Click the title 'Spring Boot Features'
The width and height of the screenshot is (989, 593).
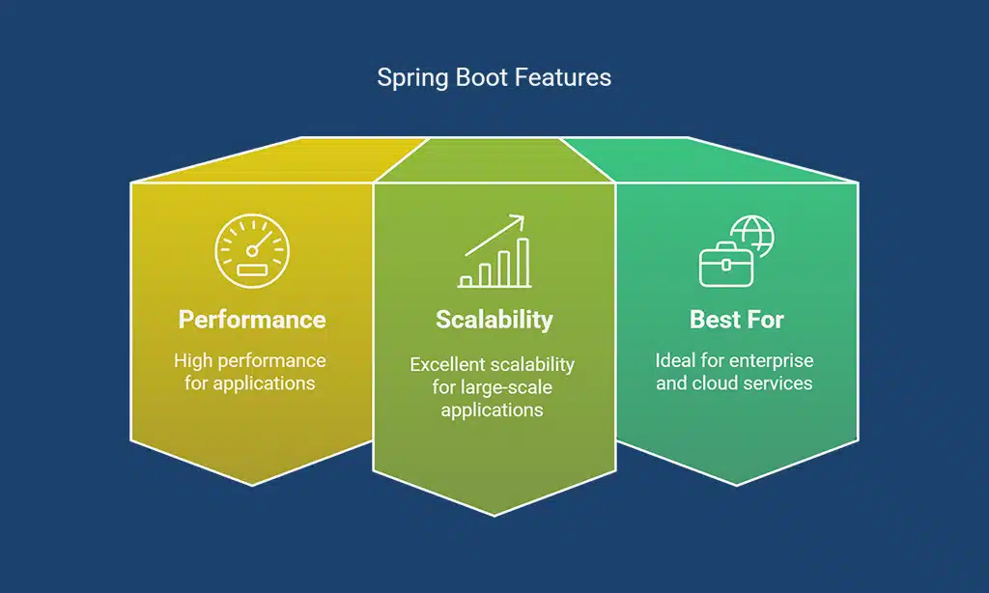494,77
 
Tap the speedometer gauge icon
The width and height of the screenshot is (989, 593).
251,251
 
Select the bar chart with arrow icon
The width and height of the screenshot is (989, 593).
494,252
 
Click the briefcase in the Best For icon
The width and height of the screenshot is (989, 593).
724,265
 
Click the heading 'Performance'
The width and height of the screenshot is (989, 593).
251,319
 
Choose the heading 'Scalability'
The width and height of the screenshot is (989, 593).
494,319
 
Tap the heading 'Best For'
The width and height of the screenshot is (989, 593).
736,319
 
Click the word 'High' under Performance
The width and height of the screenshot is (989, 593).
193,360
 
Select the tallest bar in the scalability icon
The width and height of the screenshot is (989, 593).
523,263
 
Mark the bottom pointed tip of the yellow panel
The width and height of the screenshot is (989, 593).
252,485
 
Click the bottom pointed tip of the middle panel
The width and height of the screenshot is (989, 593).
494,515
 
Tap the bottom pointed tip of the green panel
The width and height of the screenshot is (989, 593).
737,485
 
